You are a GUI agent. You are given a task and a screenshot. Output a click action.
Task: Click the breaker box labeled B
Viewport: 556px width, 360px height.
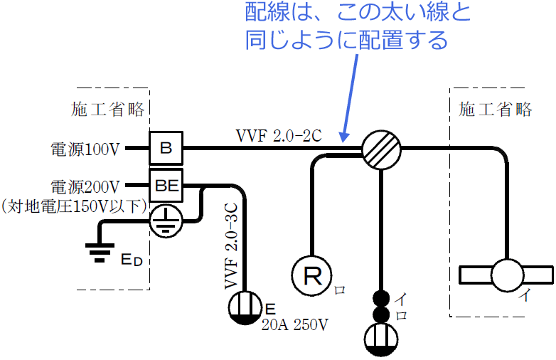click(166, 148)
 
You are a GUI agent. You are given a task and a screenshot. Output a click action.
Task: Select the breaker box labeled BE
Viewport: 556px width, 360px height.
click(166, 186)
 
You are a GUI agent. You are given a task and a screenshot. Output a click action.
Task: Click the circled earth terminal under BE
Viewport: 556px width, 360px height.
click(166, 221)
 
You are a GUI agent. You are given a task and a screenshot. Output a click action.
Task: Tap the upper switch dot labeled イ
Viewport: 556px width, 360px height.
click(382, 298)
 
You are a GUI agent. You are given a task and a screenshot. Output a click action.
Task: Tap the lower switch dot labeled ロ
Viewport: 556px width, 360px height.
click(382, 314)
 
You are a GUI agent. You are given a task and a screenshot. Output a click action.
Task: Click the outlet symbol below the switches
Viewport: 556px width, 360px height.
click(382, 339)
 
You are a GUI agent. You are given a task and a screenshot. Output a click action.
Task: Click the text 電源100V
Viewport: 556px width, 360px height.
click(85, 149)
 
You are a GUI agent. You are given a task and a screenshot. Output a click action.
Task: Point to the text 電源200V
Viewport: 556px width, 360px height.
click(85, 187)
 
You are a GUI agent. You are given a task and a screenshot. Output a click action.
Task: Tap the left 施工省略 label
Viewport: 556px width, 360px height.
click(108, 109)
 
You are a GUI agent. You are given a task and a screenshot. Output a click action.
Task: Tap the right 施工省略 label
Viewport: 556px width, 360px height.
click(495, 109)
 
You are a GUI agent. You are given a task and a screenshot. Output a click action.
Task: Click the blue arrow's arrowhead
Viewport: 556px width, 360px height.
click(344, 135)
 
